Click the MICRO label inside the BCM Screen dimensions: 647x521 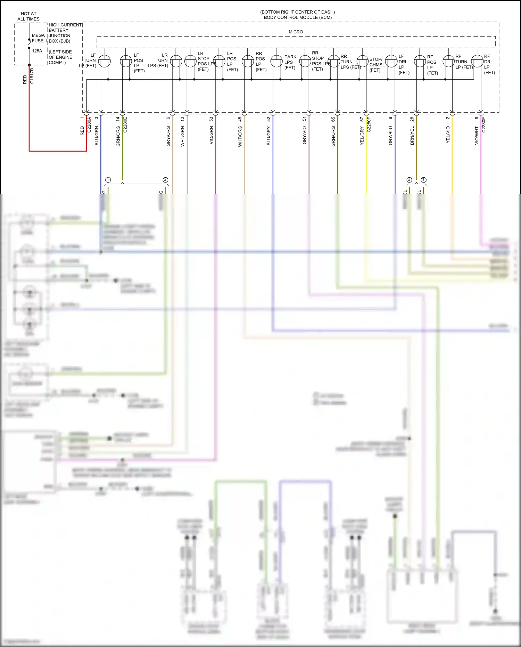click(296, 32)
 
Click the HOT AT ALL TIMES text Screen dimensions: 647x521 click(28, 16)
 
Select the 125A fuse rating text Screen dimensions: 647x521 click(37, 51)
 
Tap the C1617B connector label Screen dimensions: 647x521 click(32, 76)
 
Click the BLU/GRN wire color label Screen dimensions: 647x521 click(97, 136)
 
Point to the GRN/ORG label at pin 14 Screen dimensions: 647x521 click(118, 136)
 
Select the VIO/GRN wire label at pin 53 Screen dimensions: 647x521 click(211, 135)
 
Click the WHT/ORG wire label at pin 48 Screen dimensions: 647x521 click(240, 136)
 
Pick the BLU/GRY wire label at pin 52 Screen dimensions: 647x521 click(268, 136)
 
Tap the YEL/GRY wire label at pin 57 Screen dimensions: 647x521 click(362, 136)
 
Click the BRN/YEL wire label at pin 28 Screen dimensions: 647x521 click(412, 136)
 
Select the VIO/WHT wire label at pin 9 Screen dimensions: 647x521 click(477, 135)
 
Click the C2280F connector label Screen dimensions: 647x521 click(369, 124)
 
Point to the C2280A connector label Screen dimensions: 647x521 click(89, 124)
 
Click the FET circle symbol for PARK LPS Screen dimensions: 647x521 click(276, 62)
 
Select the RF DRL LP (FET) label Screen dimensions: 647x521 click(489, 64)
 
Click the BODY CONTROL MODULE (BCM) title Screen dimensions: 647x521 click(298, 17)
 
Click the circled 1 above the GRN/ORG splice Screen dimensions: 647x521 click(108, 180)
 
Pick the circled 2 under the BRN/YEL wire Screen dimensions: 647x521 click(409, 180)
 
